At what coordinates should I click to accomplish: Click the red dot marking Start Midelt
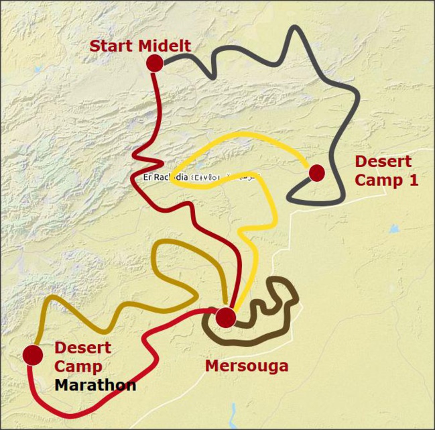155,63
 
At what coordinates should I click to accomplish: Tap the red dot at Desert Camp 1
317,173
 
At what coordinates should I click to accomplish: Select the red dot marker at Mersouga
227,317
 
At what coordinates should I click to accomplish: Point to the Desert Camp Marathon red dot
32,355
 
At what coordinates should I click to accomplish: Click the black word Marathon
95,386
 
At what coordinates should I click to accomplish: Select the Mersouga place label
246,366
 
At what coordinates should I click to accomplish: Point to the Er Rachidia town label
165,177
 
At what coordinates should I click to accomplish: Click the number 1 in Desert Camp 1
414,180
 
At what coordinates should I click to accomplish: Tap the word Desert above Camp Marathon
82,348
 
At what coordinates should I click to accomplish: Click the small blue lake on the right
393,229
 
